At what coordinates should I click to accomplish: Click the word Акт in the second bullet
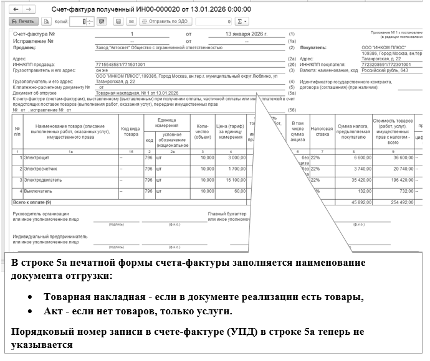tap(52, 311)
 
